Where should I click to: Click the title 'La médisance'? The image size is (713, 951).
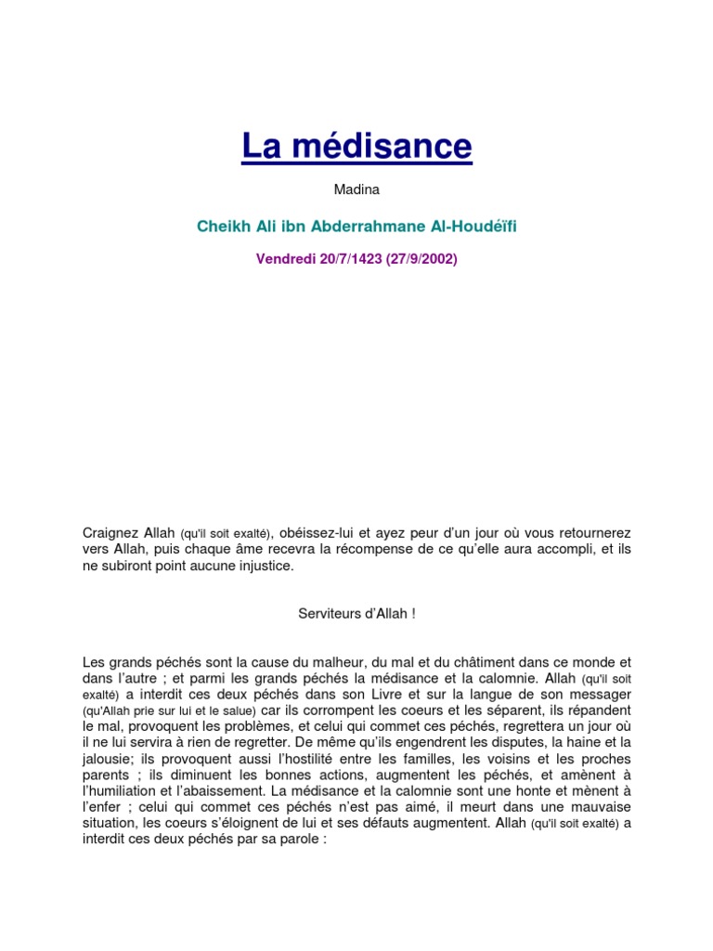[x=356, y=146]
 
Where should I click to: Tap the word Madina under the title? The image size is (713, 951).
[x=356, y=190]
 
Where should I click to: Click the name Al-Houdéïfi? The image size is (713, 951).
[x=471, y=226]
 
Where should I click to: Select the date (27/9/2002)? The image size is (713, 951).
[x=416, y=259]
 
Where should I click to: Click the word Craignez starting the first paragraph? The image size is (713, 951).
[x=110, y=532]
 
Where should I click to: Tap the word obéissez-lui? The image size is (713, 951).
[x=318, y=532]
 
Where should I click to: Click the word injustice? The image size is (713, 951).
[x=261, y=566]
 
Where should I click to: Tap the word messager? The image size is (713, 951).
[x=602, y=694]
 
